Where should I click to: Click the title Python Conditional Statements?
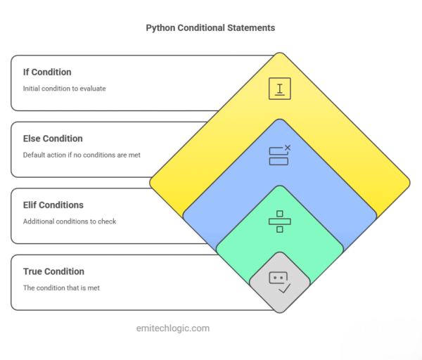[x=210, y=28]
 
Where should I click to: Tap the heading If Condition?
[x=47, y=72]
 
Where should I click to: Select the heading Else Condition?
[x=53, y=139]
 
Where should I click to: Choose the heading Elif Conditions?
[x=53, y=205]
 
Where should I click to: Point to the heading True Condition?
[x=53, y=271]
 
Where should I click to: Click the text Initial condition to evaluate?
[x=65, y=89]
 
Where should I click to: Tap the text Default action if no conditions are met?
[x=82, y=155]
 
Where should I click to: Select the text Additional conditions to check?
[x=70, y=221]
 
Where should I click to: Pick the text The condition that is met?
[x=61, y=288]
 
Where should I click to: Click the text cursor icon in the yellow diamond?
[x=280, y=89]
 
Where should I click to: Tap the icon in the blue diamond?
[x=280, y=155]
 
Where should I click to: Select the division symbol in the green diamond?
[x=280, y=221]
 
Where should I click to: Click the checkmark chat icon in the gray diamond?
[x=280, y=282]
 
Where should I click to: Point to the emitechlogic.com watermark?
[x=172, y=328]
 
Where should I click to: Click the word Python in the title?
[x=161, y=28]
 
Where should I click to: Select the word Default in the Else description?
[x=35, y=155]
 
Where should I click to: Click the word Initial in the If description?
[x=32, y=89]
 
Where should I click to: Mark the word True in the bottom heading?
[x=33, y=271]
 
